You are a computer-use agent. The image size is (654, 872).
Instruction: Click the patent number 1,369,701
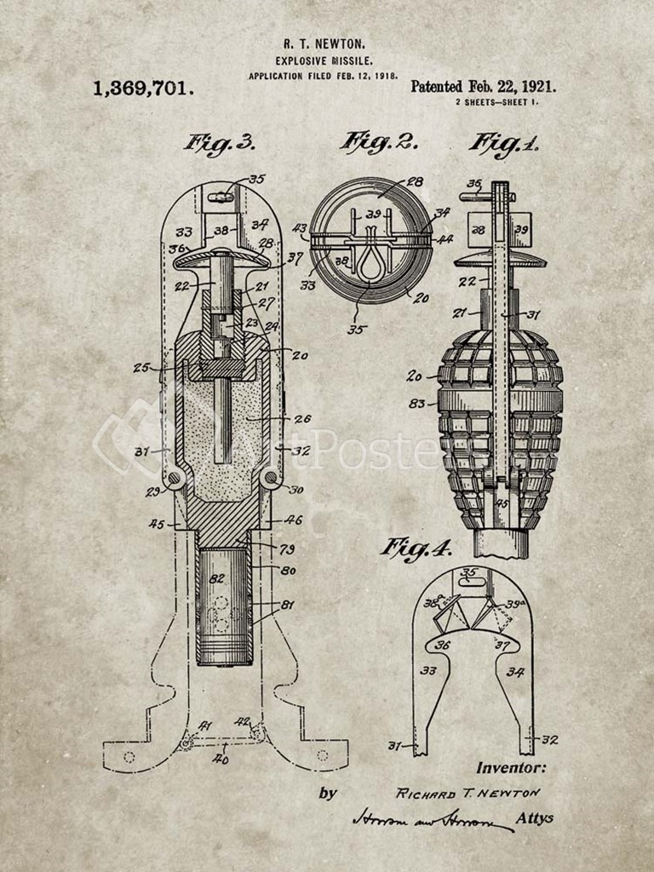(x=143, y=88)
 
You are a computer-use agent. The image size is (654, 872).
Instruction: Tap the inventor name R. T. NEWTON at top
(x=326, y=43)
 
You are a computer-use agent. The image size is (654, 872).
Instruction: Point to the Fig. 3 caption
(x=219, y=143)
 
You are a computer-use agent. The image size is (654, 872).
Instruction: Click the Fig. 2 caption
(x=379, y=142)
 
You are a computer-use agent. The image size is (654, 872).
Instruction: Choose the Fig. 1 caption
(x=503, y=143)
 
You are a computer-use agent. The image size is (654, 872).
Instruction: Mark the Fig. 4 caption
(x=416, y=548)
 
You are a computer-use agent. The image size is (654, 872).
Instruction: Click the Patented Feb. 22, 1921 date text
(x=484, y=86)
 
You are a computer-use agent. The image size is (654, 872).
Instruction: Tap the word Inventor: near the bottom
(x=511, y=767)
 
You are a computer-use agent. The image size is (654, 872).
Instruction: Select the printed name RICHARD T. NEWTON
(x=468, y=793)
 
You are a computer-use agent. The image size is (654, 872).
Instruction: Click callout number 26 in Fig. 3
(x=302, y=418)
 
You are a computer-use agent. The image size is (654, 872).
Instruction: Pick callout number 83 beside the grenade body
(x=416, y=403)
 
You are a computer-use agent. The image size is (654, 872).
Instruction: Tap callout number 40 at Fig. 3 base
(x=220, y=758)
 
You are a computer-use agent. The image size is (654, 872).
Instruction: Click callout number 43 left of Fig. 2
(x=300, y=228)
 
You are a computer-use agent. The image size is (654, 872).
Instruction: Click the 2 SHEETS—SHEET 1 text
(x=496, y=102)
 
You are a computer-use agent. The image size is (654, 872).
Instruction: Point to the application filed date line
(x=324, y=76)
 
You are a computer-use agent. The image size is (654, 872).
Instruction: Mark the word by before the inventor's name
(x=328, y=793)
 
